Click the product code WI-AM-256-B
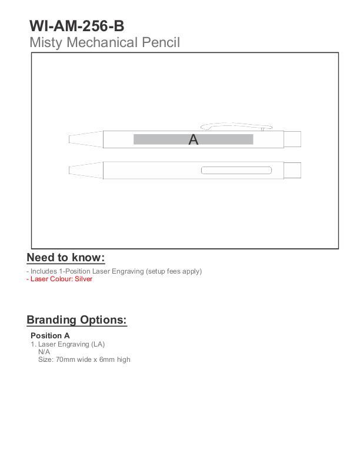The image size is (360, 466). tap(76, 26)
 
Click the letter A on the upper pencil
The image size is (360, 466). tap(194, 140)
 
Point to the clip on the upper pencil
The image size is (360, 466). tap(235, 125)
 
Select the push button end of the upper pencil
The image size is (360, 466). tap(292, 139)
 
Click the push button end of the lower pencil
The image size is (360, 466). tap(292, 171)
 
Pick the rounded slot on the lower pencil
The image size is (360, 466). tap(236, 171)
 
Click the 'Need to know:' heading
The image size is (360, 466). tap(66, 258)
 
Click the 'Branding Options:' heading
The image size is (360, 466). tap(76, 320)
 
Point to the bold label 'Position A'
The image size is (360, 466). tap(50, 336)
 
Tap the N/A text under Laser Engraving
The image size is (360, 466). tap(44, 352)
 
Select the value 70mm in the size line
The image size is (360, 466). tap(65, 360)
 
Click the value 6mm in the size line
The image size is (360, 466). tap(108, 360)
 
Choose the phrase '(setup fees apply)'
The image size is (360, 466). tap(174, 271)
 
